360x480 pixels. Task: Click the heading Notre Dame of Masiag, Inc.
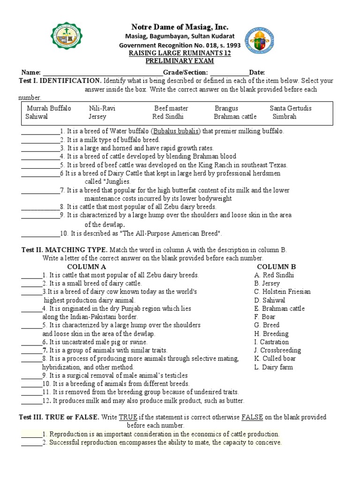tap(180, 27)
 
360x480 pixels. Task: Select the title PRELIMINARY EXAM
tap(180, 61)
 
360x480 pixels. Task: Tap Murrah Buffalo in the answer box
tap(49, 108)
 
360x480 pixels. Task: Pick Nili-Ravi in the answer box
tap(102, 108)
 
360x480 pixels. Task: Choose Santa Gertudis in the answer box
tap(291, 108)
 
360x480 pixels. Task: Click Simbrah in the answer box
tap(285, 117)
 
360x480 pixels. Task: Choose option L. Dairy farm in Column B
tap(273, 367)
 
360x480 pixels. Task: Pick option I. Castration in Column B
tap(271, 342)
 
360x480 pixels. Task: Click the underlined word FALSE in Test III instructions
tap(252, 417)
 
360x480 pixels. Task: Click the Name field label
tap(31, 72)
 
